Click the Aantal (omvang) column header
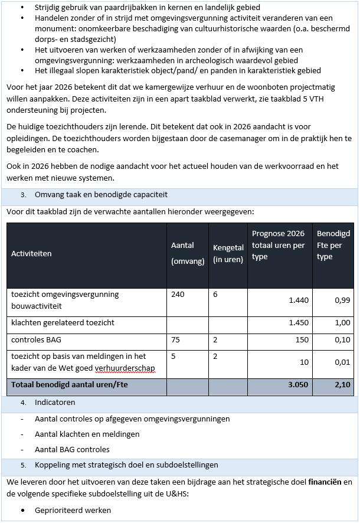(188, 253)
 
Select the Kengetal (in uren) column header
(228, 253)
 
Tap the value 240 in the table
(178, 294)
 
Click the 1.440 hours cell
(298, 300)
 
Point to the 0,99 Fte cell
(342, 300)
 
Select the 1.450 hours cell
(298, 323)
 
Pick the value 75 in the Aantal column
(175, 340)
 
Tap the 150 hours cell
(302, 340)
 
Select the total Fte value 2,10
(342, 384)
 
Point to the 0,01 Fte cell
(342, 362)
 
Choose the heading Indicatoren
(55, 403)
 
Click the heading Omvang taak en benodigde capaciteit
(101, 194)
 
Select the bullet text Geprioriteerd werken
(73, 510)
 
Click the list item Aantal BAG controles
(72, 450)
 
